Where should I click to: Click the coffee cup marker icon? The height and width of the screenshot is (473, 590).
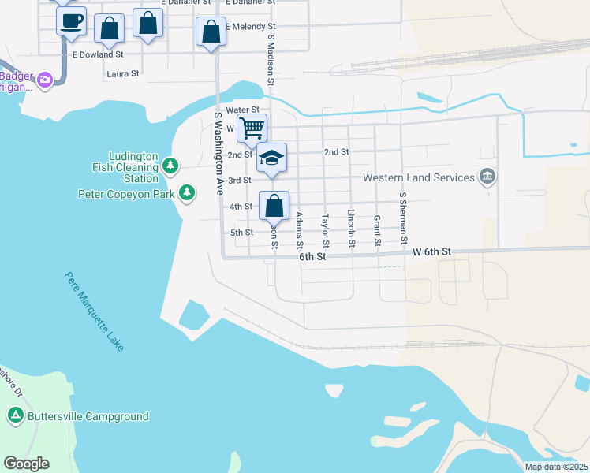pos(71,21)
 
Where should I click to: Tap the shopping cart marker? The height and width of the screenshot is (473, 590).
pos(252,127)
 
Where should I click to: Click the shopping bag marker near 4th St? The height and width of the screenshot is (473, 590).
pos(274,207)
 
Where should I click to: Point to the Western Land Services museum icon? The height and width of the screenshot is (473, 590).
pos(487,175)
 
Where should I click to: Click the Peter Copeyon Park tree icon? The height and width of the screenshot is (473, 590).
pos(187,192)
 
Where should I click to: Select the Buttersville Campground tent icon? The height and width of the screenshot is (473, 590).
pos(15,415)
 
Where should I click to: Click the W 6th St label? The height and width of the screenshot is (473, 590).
pos(431,252)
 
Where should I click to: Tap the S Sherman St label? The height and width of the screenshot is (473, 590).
pos(403,216)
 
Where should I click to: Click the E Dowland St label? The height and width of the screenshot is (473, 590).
pos(98,54)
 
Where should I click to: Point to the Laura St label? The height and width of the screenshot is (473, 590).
pos(122,73)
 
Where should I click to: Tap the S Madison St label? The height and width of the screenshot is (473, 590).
pos(270,59)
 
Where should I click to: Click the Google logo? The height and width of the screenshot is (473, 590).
pos(26,464)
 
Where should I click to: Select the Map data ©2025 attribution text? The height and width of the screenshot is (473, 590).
pos(555,467)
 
